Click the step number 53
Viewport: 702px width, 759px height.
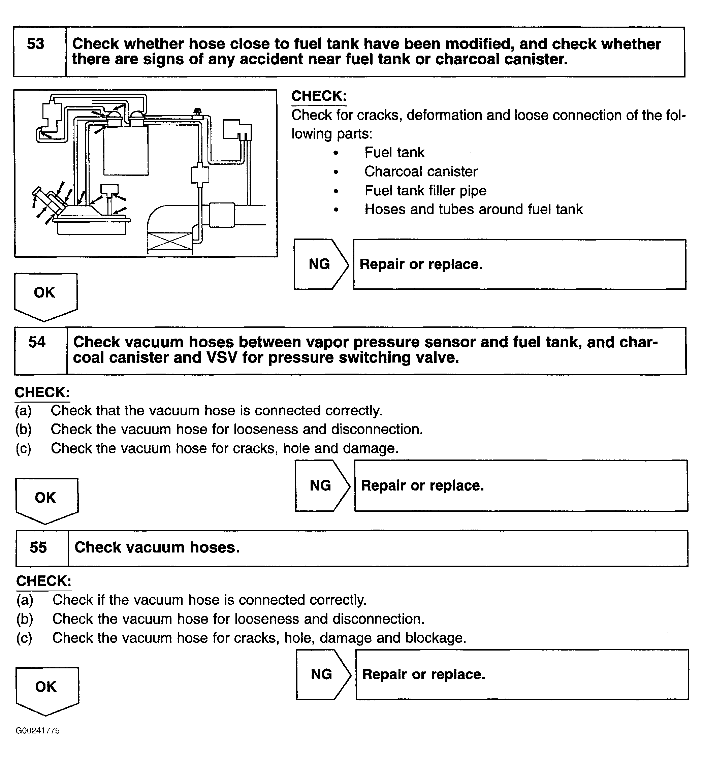point(36,44)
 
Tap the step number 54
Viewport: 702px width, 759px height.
point(37,342)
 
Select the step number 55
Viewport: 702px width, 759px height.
point(38,547)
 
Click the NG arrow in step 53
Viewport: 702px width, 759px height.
point(320,264)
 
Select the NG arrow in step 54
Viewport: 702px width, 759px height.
point(321,485)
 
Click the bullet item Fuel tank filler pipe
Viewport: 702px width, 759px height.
point(425,191)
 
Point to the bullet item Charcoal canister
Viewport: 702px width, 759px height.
point(421,172)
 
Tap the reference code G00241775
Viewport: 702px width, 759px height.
point(38,731)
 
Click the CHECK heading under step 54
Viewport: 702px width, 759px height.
point(42,392)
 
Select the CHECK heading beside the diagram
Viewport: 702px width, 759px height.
point(319,96)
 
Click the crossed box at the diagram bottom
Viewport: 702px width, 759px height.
point(170,241)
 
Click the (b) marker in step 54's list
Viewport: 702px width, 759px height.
point(24,430)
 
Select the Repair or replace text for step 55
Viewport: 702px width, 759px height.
point(423,675)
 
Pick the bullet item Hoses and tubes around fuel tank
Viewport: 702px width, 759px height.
point(473,210)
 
